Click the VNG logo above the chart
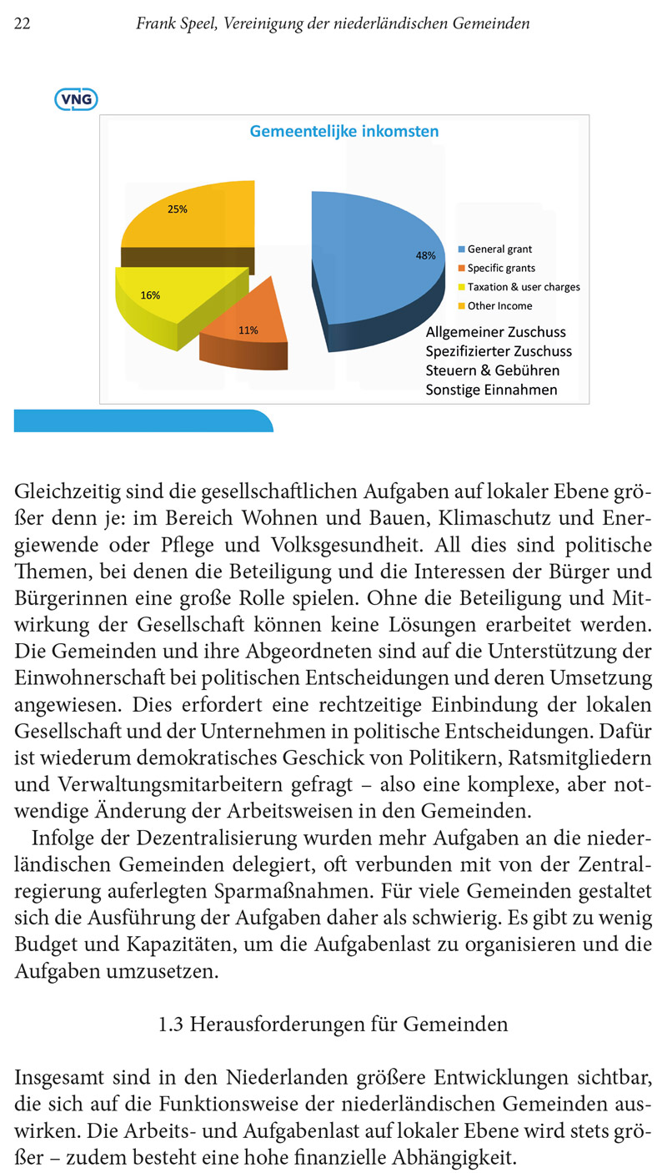(x=76, y=100)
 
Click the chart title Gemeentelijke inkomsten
(x=344, y=131)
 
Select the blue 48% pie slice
(x=375, y=250)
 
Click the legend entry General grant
(x=499, y=249)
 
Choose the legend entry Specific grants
(x=500, y=268)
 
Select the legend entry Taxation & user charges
(x=523, y=287)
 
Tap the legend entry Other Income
(x=499, y=306)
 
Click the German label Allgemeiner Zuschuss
(x=495, y=334)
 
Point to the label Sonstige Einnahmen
(x=491, y=390)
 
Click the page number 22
(x=23, y=24)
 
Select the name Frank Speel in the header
(x=173, y=24)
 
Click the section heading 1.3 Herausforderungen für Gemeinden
(x=333, y=1024)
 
